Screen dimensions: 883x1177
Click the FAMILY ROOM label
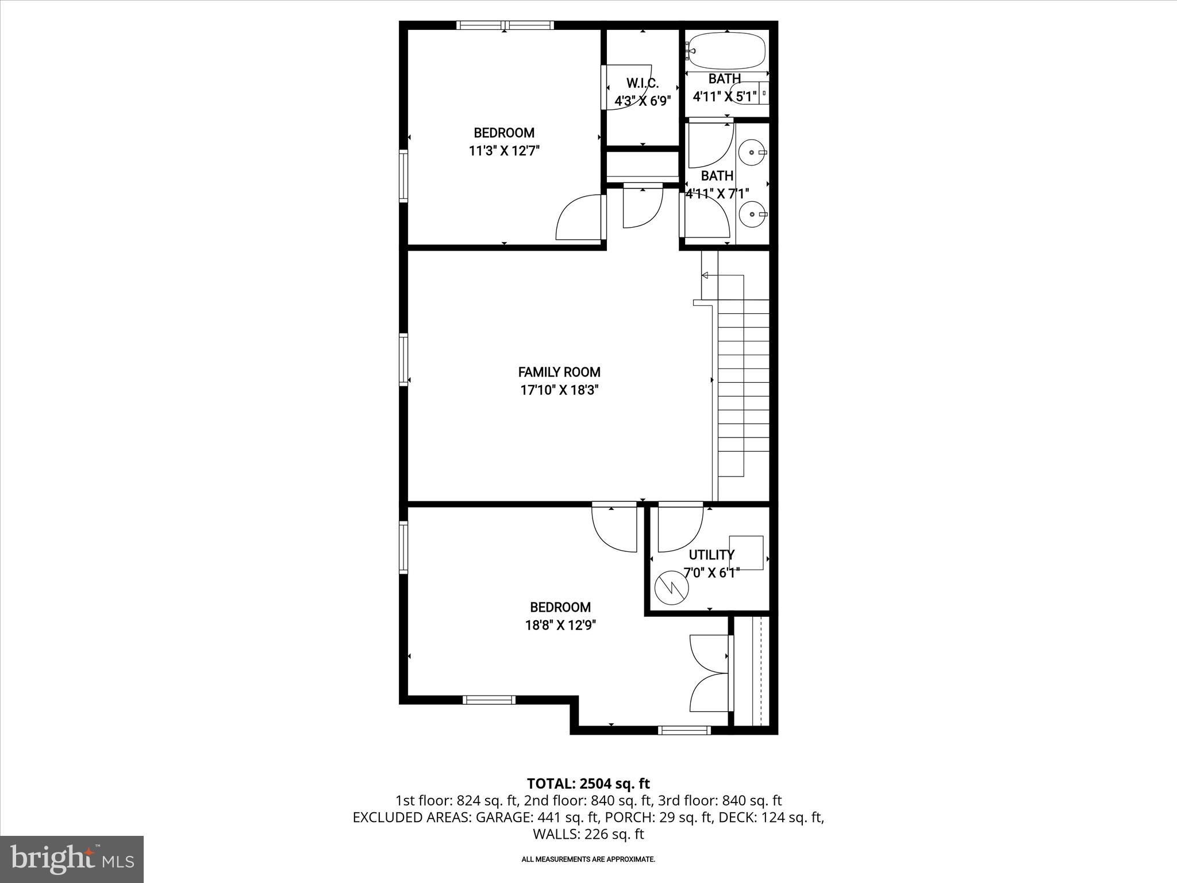pos(559,372)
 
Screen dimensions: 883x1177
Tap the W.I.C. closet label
pos(643,84)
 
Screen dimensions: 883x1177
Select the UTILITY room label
pos(711,555)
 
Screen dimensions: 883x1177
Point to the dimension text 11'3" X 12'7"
pos(504,151)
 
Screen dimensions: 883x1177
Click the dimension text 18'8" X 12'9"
pos(560,625)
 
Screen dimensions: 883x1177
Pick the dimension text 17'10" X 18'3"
pos(559,390)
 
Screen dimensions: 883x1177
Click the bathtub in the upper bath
pos(728,51)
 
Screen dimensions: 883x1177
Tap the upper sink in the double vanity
pos(752,153)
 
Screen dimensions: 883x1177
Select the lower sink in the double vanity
pos(752,215)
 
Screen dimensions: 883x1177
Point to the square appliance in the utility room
pos(746,552)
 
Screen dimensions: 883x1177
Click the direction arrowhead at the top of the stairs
pos(705,275)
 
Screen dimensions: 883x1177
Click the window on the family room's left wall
pos(403,360)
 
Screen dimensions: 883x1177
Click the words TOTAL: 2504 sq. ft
pos(588,784)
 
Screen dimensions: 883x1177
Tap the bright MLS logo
pos(72,859)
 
